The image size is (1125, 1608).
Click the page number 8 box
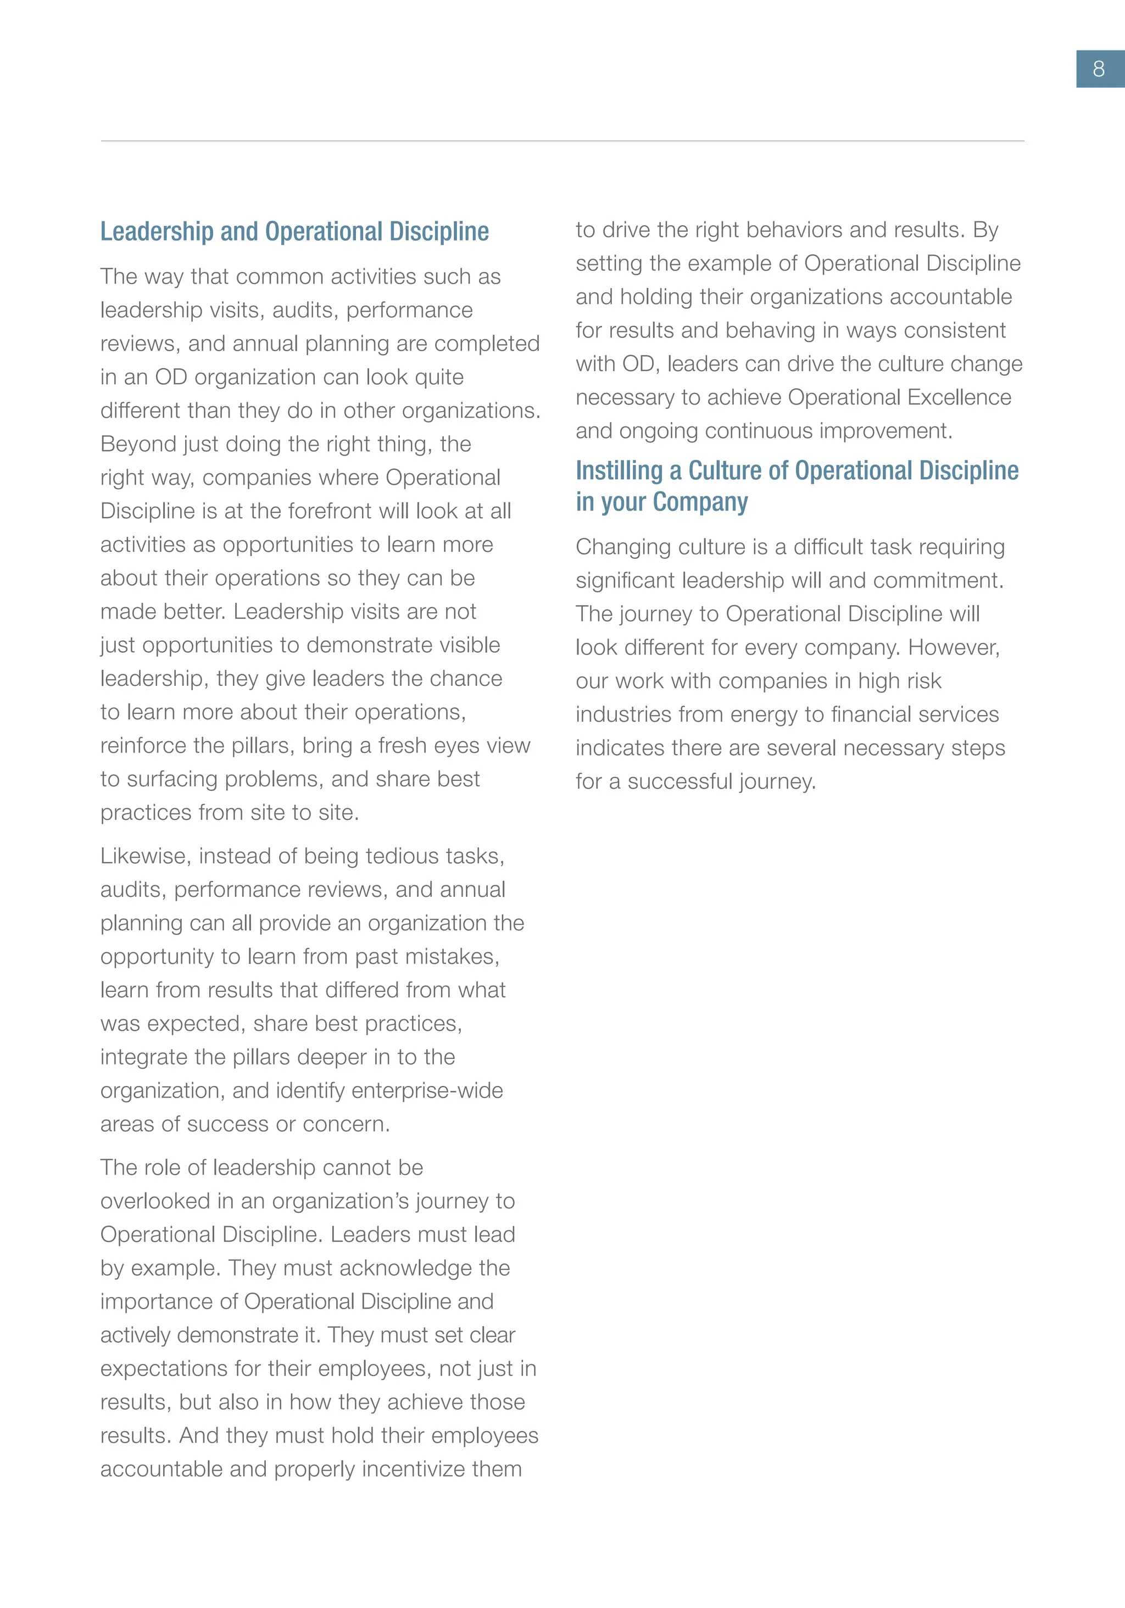pos(1099,69)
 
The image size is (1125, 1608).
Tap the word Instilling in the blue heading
pos(619,470)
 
